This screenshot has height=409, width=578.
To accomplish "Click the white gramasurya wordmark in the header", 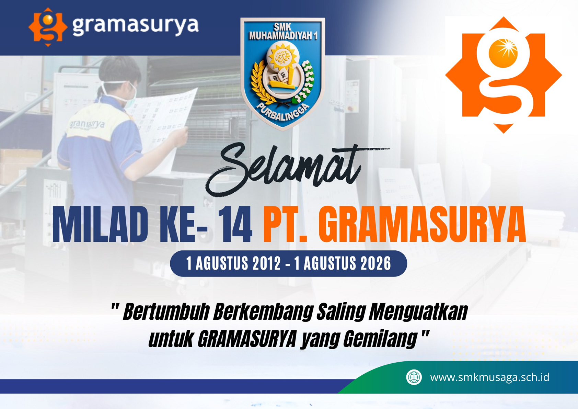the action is [x=136, y=26].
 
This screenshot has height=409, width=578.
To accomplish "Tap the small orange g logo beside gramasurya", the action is [x=48, y=27].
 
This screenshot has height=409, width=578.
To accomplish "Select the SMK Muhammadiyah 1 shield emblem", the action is [x=282, y=73].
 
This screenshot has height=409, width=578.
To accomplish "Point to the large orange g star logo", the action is [x=504, y=75].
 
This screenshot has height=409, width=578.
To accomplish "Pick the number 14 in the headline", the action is [x=235, y=225].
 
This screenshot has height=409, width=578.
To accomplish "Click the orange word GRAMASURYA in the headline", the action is [x=423, y=225].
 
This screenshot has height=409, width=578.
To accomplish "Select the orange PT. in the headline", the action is [x=285, y=225].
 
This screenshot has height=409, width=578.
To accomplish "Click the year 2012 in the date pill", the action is [x=267, y=263].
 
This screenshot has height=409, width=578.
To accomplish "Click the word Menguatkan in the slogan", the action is [x=418, y=312].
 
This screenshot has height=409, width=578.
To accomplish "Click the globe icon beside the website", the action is [x=414, y=377].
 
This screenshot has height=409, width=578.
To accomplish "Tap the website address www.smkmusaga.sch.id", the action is [x=489, y=377].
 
